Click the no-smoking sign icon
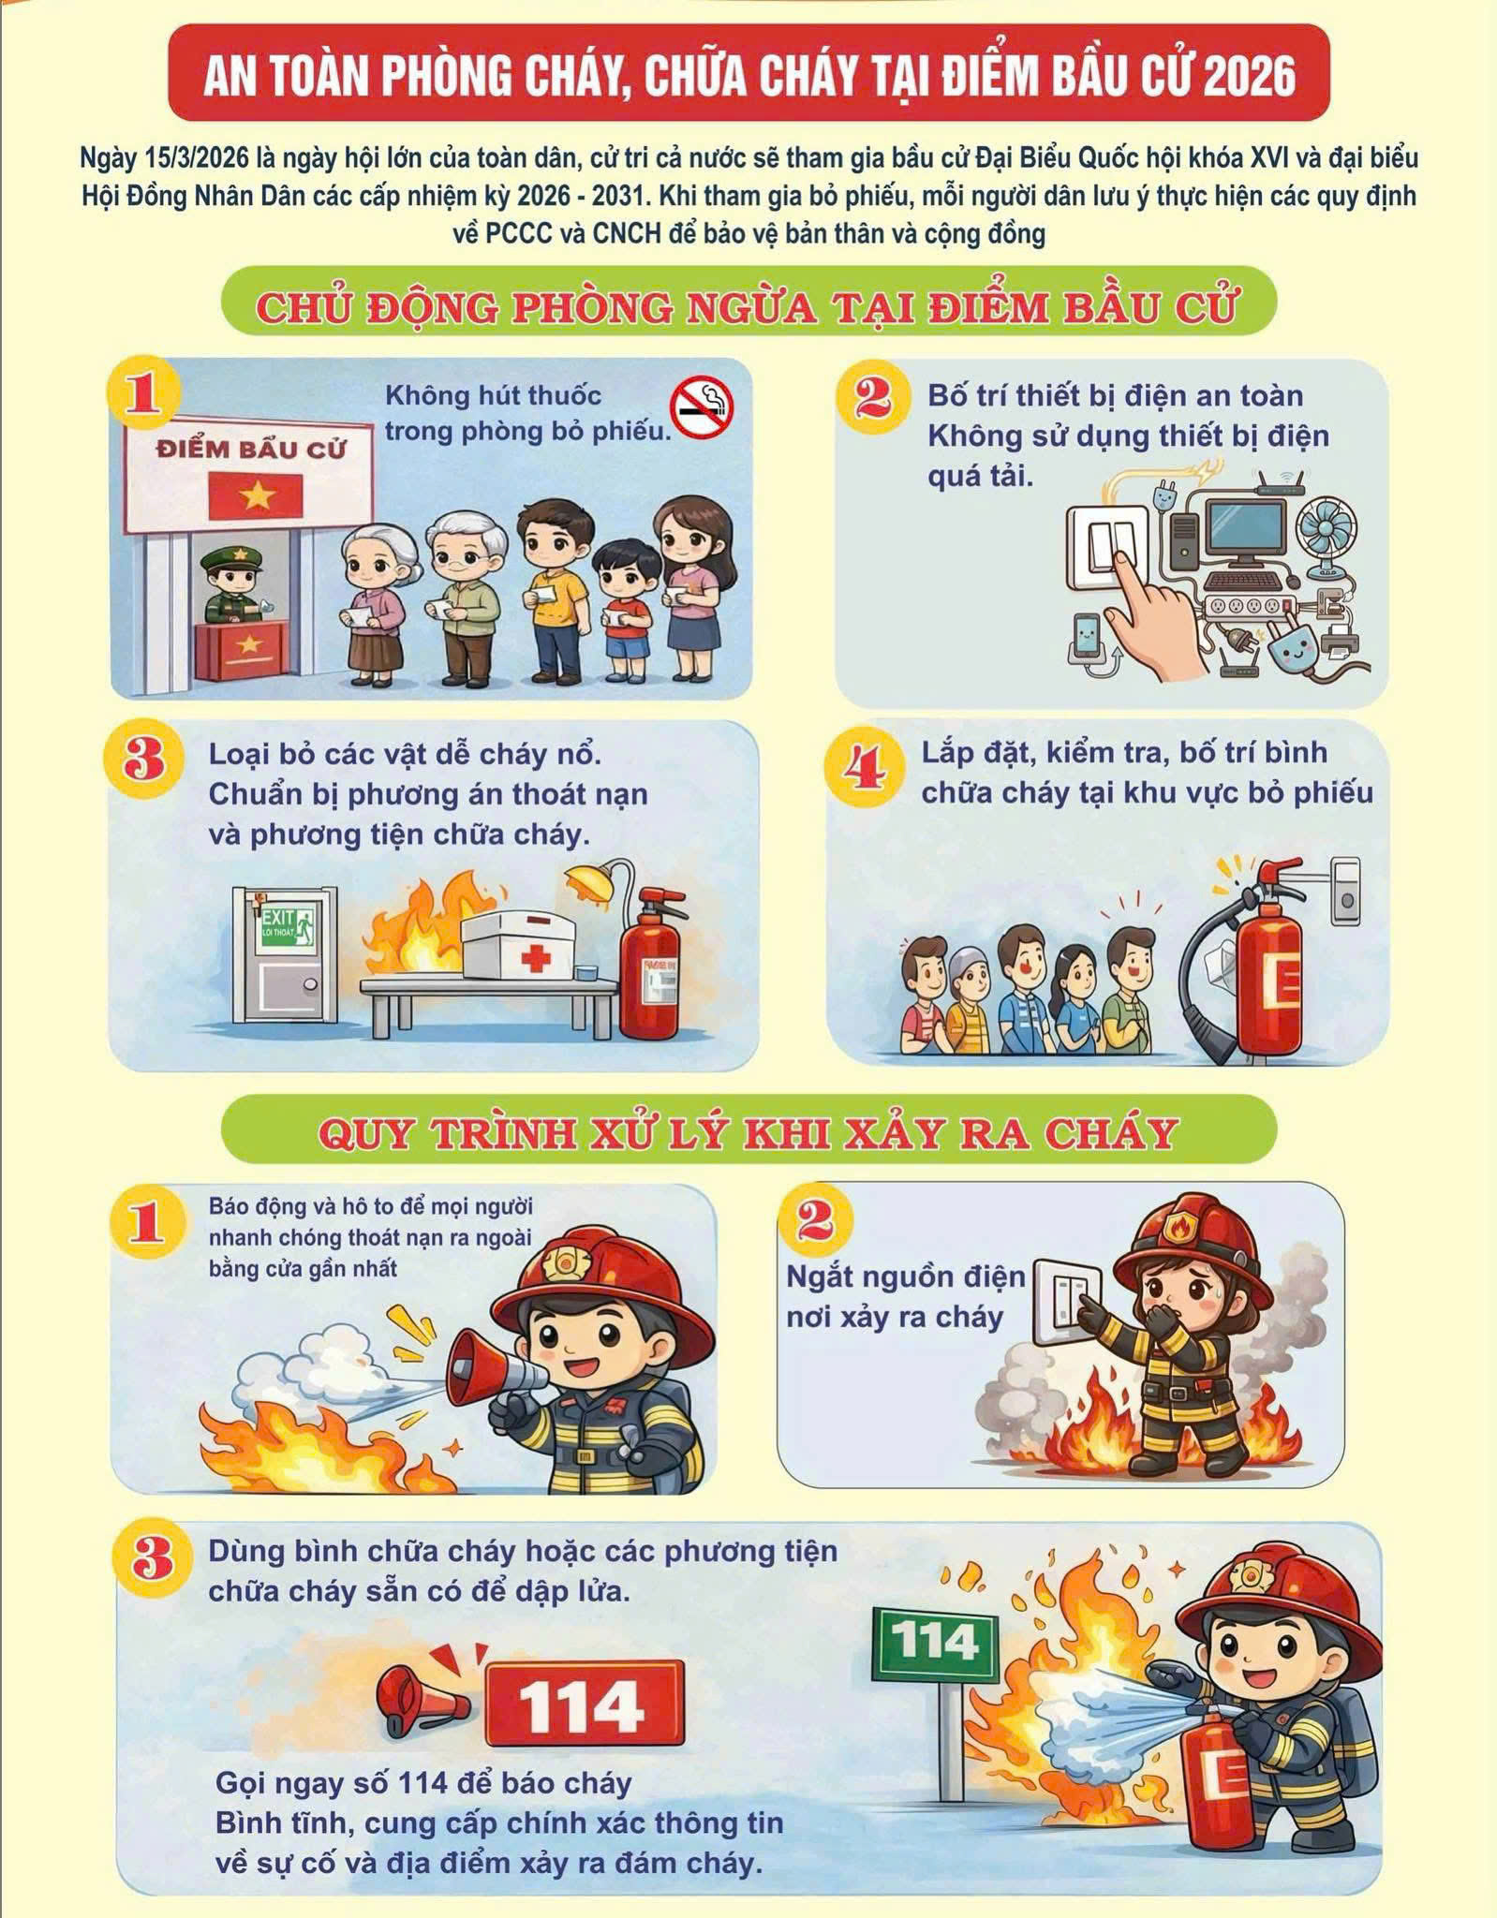coord(702,408)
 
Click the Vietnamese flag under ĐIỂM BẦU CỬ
coord(255,495)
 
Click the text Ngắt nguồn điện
coord(906,1276)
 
